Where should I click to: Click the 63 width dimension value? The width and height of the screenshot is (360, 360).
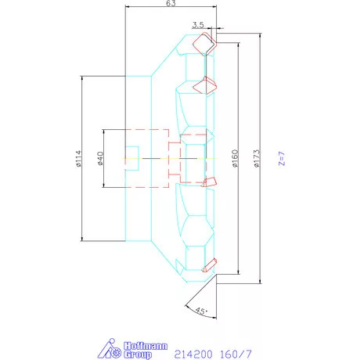point(170,4)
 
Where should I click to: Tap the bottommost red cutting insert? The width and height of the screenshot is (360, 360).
point(209,265)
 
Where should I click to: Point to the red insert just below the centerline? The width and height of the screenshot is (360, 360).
point(209,182)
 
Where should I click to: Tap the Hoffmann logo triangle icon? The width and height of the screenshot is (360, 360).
point(109,349)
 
